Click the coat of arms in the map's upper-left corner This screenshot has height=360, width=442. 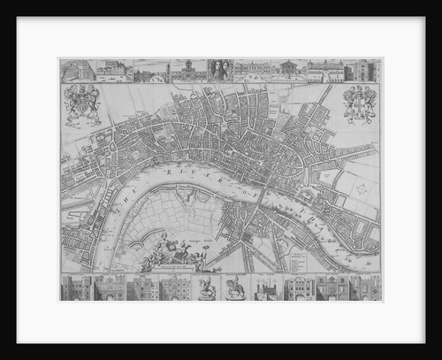click(81, 104)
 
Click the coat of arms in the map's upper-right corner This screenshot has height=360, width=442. click(360, 103)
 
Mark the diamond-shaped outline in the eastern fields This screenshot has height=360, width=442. click(354, 185)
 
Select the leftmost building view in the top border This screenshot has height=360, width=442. click(77, 71)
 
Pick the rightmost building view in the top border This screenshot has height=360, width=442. click(365, 71)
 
